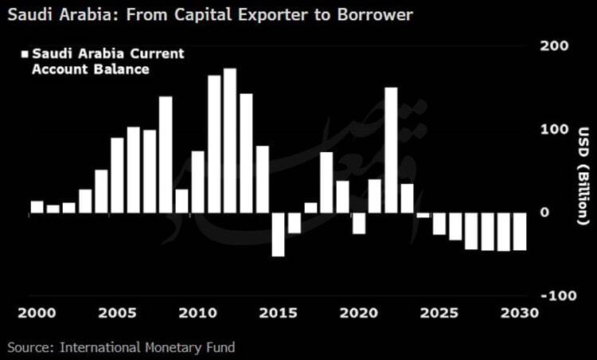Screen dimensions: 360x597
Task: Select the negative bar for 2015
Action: pos(279,234)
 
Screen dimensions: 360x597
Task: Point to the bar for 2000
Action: pos(37,207)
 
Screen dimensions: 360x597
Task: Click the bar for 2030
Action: pos(520,231)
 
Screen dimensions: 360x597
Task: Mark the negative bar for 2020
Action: pos(359,223)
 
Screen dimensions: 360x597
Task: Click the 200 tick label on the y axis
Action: pos(554,46)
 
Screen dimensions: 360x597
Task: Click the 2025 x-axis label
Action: pos(439,313)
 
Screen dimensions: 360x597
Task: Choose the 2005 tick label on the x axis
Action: pos(118,313)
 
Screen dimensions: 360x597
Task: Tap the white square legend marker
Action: pos(25,54)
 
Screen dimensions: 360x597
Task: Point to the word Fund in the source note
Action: pos(220,347)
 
